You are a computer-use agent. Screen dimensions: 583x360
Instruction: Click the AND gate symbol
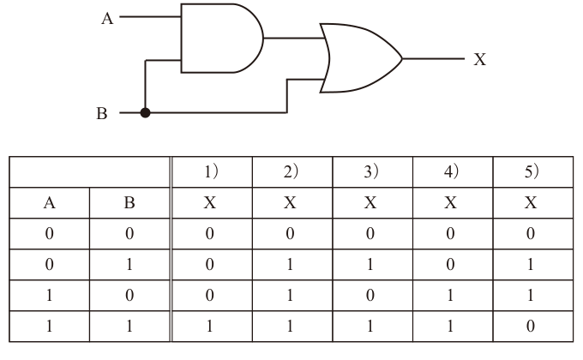pyautogui.click(x=222, y=39)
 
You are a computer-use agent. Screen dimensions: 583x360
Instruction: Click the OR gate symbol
pyautogui.click(x=361, y=58)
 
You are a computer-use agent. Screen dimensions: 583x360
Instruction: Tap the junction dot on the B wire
pyautogui.click(x=146, y=112)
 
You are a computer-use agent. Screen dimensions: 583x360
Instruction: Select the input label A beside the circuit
pyautogui.click(x=107, y=18)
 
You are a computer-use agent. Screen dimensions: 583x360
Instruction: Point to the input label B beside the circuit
pyautogui.click(x=102, y=113)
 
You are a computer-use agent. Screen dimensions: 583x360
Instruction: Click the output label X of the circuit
pyautogui.click(x=479, y=59)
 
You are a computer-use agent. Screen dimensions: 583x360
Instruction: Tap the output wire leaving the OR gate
pyautogui.click(x=434, y=58)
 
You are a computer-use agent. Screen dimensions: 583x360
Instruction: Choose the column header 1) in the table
pyautogui.click(x=211, y=171)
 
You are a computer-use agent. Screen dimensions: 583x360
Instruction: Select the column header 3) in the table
pyautogui.click(x=370, y=171)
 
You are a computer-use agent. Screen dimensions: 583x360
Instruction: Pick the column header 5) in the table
pyautogui.click(x=532, y=171)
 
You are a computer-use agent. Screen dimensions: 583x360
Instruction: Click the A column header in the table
pyautogui.click(x=50, y=203)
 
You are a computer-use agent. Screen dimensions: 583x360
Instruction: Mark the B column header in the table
pyautogui.click(x=129, y=203)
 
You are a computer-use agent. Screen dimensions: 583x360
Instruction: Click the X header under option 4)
pyautogui.click(x=451, y=203)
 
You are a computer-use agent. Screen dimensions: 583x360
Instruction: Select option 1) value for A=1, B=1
pyautogui.click(x=210, y=327)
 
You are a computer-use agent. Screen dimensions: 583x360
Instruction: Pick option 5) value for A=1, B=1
pyautogui.click(x=531, y=327)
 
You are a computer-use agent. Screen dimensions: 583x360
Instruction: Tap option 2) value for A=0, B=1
pyautogui.click(x=290, y=264)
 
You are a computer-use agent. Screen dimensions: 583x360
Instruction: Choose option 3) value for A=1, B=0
pyautogui.click(x=370, y=296)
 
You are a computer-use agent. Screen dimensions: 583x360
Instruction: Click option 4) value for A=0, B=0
pyautogui.click(x=450, y=233)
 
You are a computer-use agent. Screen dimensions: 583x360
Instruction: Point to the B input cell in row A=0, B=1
pyautogui.click(x=129, y=264)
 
